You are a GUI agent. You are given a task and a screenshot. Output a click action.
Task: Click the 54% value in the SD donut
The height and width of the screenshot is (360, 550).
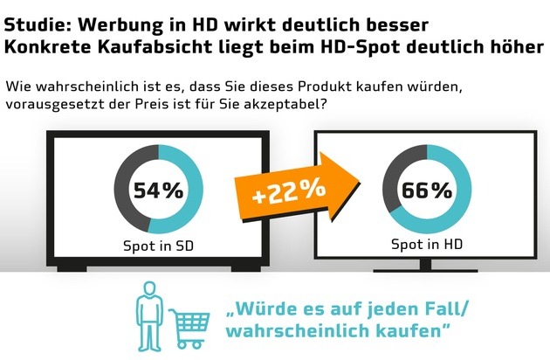(158, 189)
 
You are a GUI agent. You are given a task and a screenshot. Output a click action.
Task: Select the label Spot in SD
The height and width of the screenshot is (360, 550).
(158, 246)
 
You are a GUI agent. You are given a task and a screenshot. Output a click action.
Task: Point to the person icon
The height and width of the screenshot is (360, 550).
(149, 314)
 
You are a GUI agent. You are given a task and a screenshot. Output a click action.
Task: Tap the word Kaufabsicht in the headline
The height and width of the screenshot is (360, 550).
(172, 42)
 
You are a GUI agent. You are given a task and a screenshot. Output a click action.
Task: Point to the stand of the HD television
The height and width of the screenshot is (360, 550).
(426, 265)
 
